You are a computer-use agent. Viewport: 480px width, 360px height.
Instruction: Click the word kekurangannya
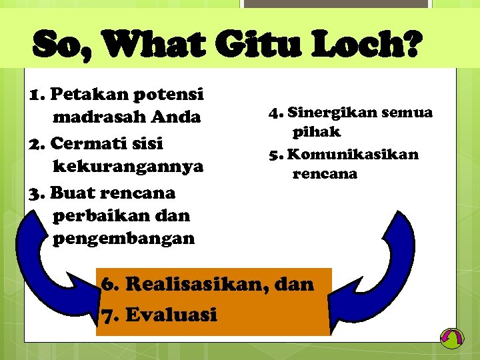[x=127, y=166]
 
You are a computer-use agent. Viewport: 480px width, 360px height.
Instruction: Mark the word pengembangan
[x=123, y=238]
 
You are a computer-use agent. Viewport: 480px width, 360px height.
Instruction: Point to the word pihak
[x=316, y=132]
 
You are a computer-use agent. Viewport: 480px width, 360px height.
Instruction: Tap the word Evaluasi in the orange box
[x=171, y=314]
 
